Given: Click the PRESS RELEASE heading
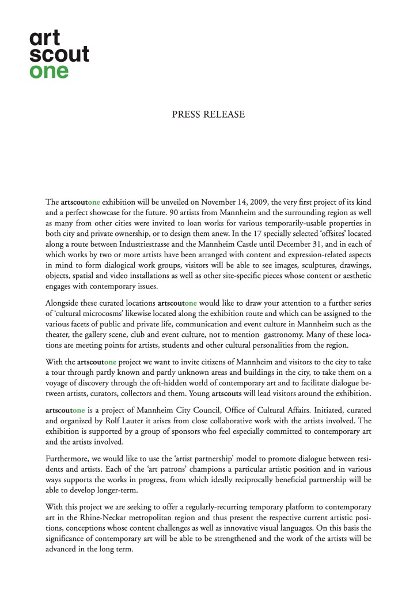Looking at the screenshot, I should pos(208,115).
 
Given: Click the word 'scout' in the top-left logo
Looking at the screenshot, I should pos(59,55).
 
